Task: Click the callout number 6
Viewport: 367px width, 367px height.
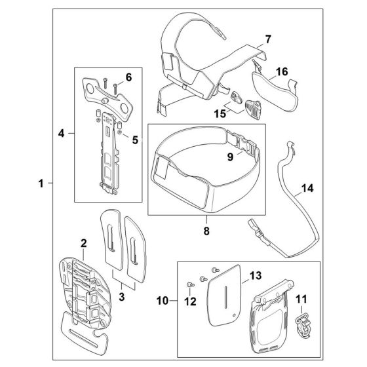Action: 128,77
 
